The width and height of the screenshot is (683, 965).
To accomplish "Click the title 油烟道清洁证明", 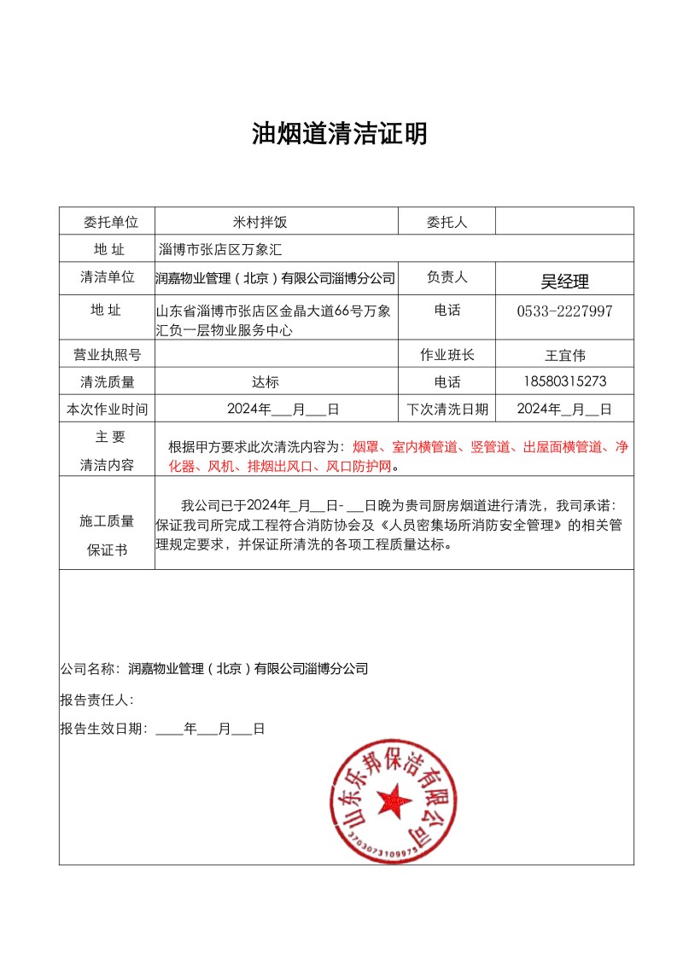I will [x=340, y=134].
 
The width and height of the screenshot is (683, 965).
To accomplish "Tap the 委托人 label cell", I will [x=447, y=222].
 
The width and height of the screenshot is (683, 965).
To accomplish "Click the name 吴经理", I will [x=564, y=282].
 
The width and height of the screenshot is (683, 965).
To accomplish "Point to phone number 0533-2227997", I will [x=564, y=311].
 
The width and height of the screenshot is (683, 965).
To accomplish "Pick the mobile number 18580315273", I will [x=564, y=381].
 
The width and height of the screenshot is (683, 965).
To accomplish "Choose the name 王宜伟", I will [x=564, y=355].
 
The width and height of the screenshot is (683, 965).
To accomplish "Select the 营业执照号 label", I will [x=107, y=355].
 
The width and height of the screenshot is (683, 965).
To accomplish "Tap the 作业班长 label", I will [x=447, y=355].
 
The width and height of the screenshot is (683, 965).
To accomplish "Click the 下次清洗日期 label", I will [x=447, y=409].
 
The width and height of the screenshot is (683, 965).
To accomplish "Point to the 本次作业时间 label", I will [x=107, y=409].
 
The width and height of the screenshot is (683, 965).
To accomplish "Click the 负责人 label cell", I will [x=447, y=277].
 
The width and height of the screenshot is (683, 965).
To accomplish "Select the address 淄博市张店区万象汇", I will [x=220, y=249].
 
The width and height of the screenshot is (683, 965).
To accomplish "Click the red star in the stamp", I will [x=394, y=800].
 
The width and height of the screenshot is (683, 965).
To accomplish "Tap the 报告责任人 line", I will [x=96, y=700].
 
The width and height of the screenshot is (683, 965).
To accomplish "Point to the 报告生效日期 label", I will [x=103, y=729].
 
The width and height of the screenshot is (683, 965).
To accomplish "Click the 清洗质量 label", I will [x=107, y=382].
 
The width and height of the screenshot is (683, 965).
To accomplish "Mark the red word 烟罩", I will [x=364, y=446].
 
